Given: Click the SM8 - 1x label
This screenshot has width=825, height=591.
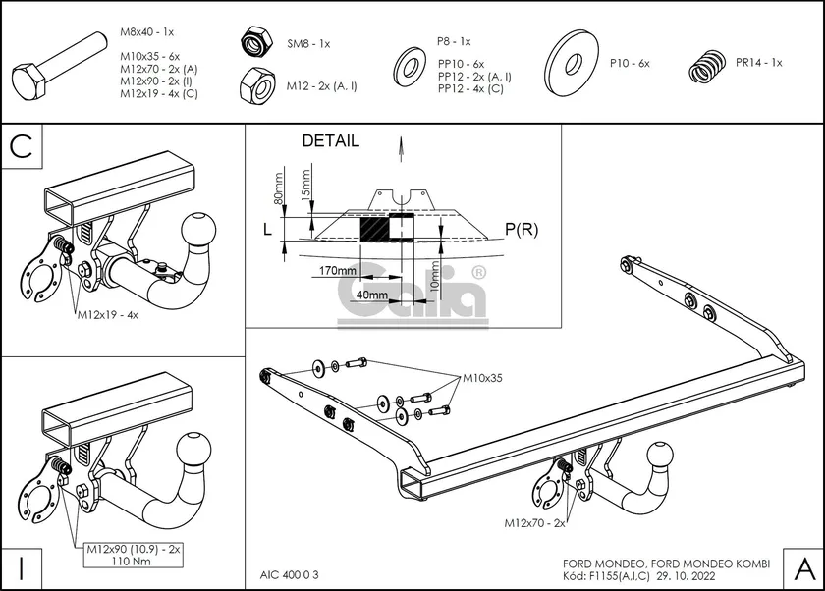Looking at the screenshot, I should pos(308,44).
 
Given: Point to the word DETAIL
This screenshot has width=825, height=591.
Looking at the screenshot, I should pos(330,141).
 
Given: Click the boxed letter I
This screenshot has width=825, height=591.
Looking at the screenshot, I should pos(19,567).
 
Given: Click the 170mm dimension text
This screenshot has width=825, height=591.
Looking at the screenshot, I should pos(337,270).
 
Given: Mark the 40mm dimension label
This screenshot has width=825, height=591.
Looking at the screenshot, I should pos(371,295).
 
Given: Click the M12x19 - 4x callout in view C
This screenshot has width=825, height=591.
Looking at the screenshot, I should pos(107,316).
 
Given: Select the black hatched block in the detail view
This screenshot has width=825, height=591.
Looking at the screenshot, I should pos(374,231).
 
